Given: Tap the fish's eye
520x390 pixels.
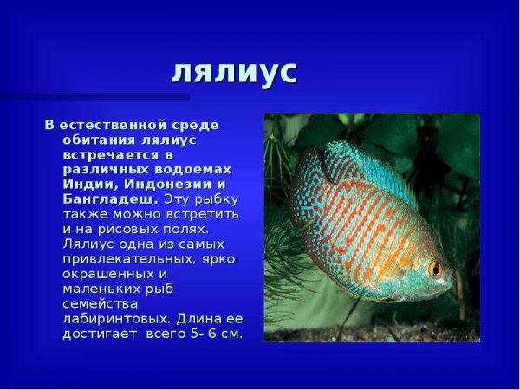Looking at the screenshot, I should pyautogui.click(x=435, y=269).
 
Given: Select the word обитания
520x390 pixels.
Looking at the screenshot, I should pyautogui.click(x=97, y=140).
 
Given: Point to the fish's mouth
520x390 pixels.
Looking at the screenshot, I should pyautogui.click(x=451, y=276).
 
